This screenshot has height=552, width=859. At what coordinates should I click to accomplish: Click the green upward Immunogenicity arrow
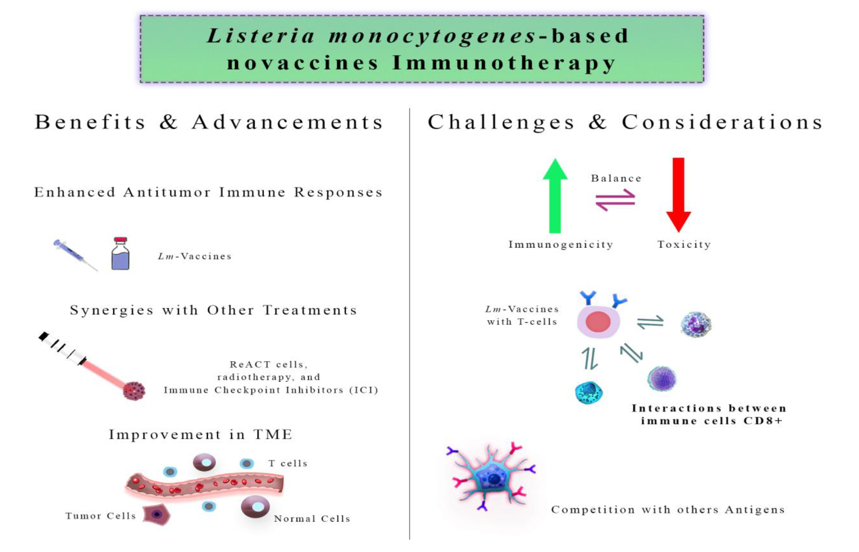[x=555, y=197]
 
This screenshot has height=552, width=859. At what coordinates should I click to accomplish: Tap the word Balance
[x=616, y=178]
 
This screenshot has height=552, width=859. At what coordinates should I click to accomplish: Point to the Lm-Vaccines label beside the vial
[x=195, y=257]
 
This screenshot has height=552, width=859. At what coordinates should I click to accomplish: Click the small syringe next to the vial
[x=74, y=254]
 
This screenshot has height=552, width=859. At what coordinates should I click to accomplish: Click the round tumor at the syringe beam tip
[x=134, y=390]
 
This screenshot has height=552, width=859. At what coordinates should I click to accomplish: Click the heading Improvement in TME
[x=200, y=434]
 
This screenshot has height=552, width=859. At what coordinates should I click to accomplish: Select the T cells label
[x=288, y=463]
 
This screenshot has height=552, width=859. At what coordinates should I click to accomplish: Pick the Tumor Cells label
[x=100, y=516]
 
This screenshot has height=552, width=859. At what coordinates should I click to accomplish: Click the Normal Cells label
[x=312, y=519]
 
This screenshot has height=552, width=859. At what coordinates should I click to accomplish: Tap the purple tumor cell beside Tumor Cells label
[x=156, y=514]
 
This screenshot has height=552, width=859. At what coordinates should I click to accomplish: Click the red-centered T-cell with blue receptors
[x=598, y=321]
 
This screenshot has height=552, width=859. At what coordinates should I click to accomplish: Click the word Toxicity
[x=684, y=245]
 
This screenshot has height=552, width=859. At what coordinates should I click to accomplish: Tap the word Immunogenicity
[x=561, y=245]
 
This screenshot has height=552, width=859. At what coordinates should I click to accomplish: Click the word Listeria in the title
[x=261, y=36]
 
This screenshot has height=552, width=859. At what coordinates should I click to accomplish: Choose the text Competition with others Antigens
[x=668, y=510]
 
